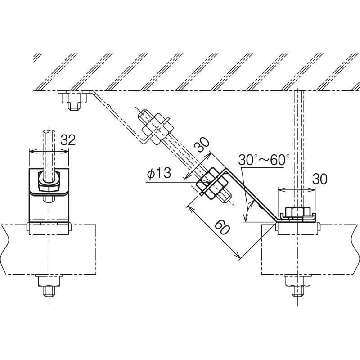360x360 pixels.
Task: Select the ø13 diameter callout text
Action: pyautogui.click(x=159, y=173)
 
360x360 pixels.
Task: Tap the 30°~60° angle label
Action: pyautogui.click(x=264, y=160)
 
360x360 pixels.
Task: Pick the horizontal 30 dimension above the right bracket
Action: pyautogui.click(x=320, y=179)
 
